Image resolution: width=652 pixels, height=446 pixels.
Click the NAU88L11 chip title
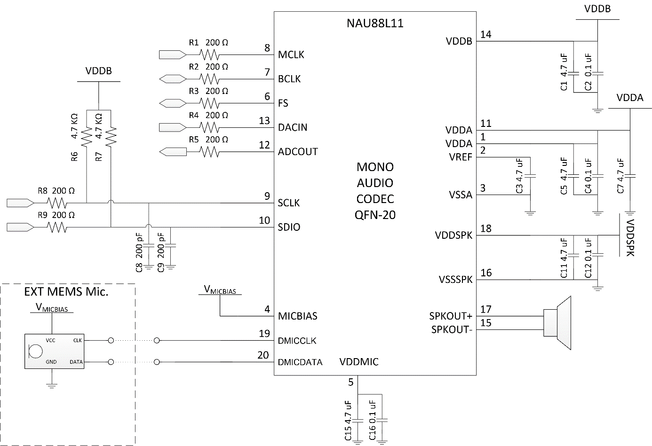[375, 23]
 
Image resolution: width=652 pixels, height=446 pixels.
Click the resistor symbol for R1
[209, 55]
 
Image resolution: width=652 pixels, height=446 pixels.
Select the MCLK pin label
[291, 55]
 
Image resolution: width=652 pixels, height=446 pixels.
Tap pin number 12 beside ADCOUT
[264, 145]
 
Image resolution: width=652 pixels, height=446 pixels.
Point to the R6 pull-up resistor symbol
[87, 137]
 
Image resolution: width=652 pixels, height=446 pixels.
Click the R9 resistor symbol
[57, 227]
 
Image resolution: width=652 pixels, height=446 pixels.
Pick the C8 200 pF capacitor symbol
[149, 245]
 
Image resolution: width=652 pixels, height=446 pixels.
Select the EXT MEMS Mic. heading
[66, 291]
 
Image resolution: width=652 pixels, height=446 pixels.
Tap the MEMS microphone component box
[54, 351]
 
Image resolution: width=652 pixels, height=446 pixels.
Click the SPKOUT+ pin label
[450, 316]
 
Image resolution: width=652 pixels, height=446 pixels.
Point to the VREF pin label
[460, 157]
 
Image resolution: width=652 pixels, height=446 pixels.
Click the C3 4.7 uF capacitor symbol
[530, 176]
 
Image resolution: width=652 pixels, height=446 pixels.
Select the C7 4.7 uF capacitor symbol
[630, 176]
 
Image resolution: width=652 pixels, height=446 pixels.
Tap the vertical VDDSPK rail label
[630, 237]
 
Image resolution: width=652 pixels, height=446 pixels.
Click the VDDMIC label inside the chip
[358, 362]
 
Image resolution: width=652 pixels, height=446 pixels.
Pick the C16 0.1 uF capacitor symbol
[382, 420]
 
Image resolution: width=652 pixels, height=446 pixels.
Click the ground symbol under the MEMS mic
[52, 386]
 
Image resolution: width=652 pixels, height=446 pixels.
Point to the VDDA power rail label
[629, 98]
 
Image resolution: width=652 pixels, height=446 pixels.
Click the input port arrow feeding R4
[172, 127]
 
